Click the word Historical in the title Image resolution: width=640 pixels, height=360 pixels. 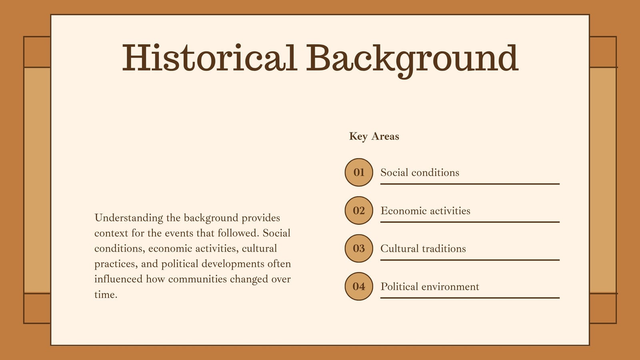coord(210,58)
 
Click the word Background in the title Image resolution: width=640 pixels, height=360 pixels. coord(412,61)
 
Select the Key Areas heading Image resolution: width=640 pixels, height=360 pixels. coord(374,136)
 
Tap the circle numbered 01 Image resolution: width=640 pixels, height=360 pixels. coord(359,172)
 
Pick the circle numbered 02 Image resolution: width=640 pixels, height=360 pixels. coord(359,210)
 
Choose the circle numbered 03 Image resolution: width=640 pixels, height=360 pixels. coord(359,248)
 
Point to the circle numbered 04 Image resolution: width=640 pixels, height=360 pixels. coord(359,286)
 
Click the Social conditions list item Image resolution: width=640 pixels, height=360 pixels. coord(420,172)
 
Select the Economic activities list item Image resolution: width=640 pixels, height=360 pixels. coord(425,210)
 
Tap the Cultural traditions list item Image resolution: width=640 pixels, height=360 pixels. coord(423,248)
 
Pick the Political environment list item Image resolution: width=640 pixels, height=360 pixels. coord(430,286)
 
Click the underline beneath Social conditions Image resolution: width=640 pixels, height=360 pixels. coord(470,184)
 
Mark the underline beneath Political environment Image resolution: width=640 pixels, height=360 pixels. coord(470,298)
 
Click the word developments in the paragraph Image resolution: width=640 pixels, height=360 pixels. coord(233,264)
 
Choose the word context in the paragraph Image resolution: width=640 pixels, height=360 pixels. coord(111,234)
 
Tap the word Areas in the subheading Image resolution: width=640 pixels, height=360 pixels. coord(385,136)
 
